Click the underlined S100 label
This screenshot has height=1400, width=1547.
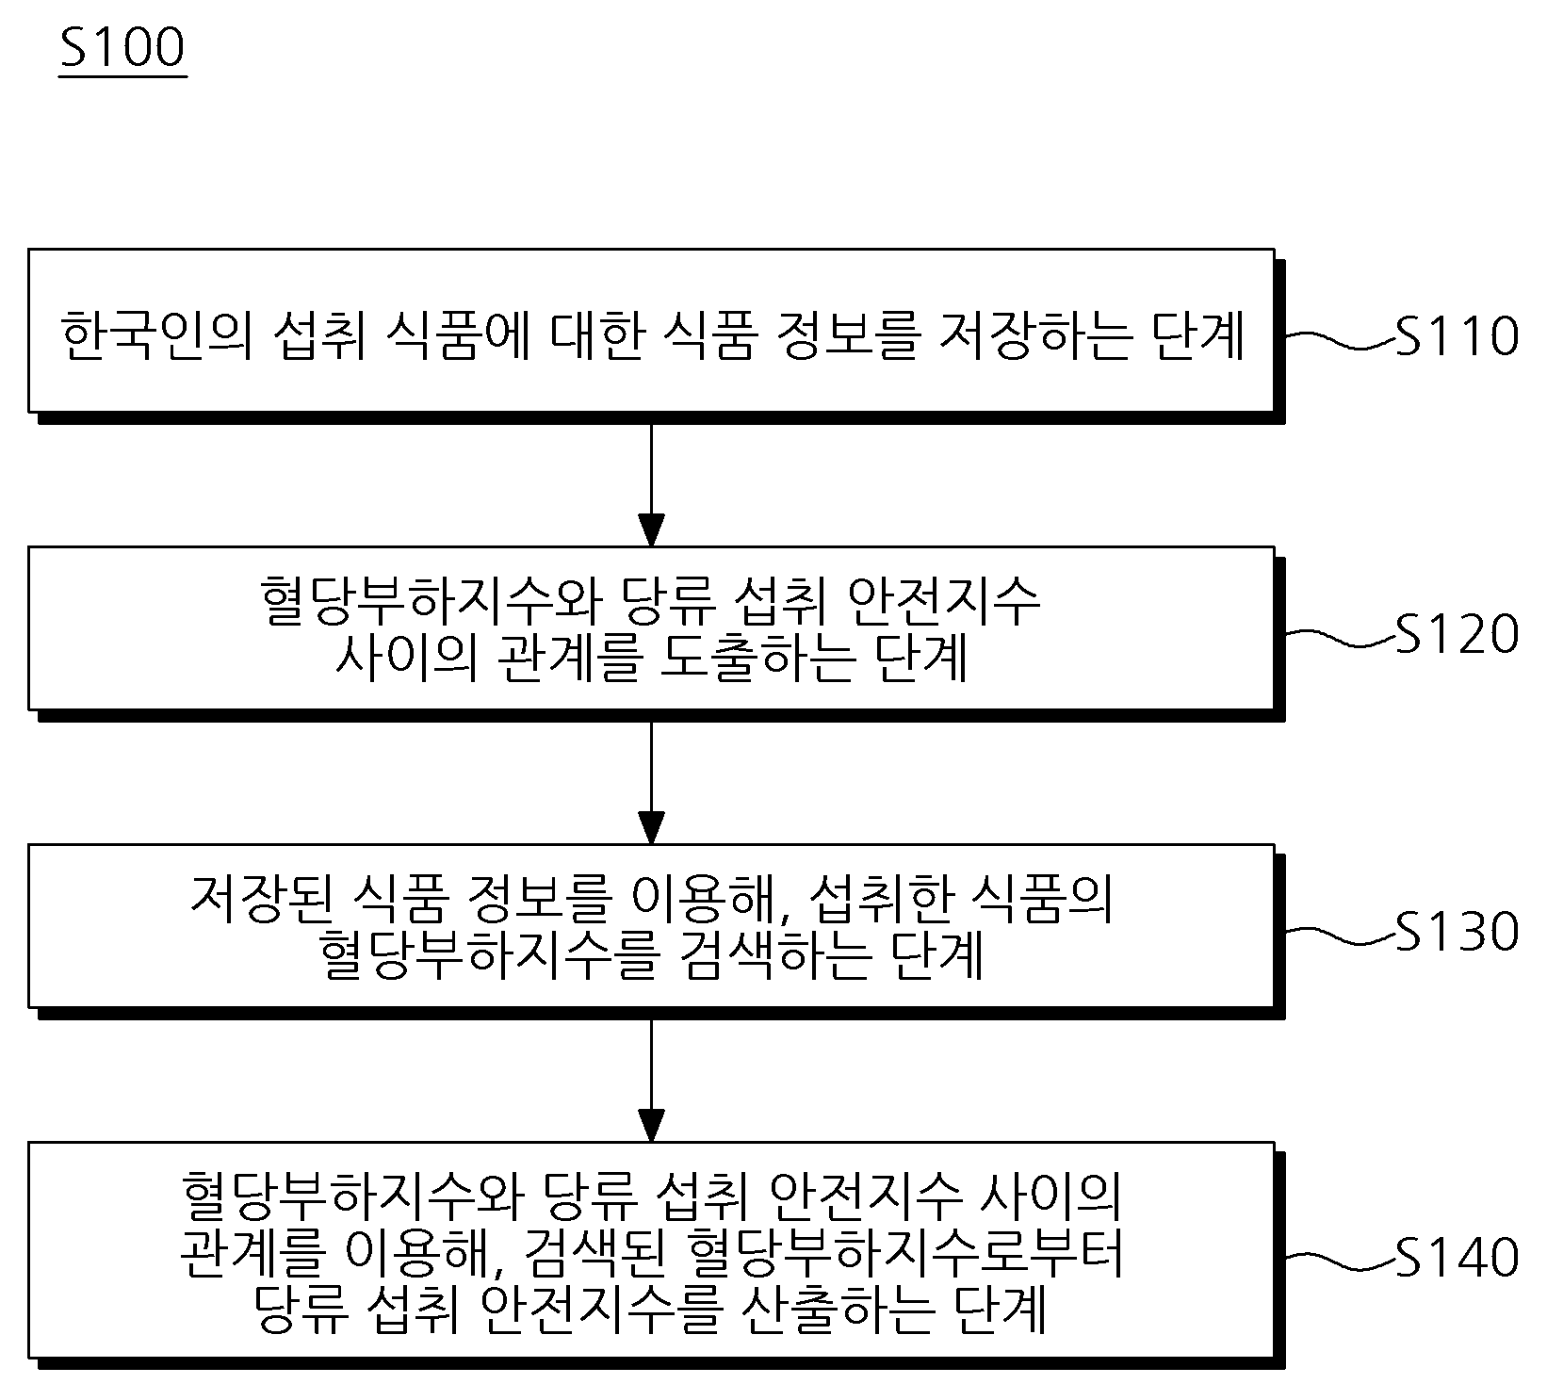coord(122,48)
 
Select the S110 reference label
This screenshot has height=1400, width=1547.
coord(1457,336)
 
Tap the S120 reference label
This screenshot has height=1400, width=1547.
coord(1457,633)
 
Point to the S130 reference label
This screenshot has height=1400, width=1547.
coord(1457,931)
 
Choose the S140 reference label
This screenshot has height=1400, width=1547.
coord(1457,1257)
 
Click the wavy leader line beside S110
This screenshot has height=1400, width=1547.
coord(1340,339)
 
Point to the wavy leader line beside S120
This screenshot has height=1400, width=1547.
coord(1340,637)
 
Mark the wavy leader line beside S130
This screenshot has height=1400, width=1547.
coord(1340,935)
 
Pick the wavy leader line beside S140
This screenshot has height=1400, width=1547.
coord(1340,1261)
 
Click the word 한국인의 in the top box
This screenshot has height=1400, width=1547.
coord(156,337)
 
